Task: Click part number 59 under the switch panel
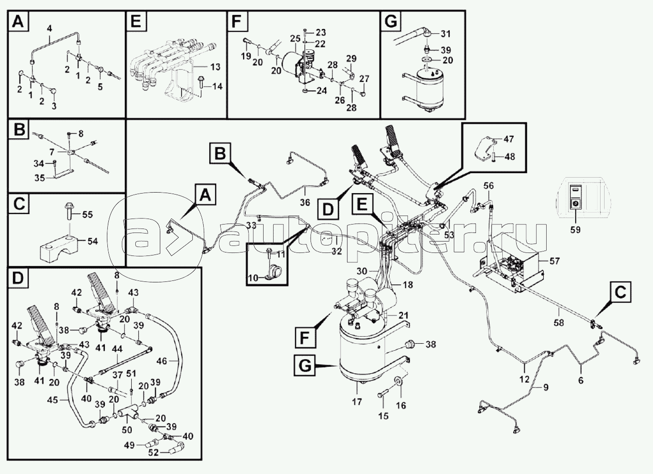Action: [575, 230]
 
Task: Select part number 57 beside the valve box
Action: [554, 261]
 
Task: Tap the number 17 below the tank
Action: [357, 402]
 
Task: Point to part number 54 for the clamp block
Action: [93, 241]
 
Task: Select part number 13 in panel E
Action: [216, 67]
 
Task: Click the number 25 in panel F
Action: [296, 38]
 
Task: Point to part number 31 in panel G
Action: [446, 34]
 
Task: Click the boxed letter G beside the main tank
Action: [305, 366]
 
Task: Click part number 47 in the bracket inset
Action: [509, 139]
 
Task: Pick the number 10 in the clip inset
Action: [253, 278]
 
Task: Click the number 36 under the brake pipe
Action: [305, 202]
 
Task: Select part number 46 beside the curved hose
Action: [162, 361]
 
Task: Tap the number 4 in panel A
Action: [49, 29]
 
